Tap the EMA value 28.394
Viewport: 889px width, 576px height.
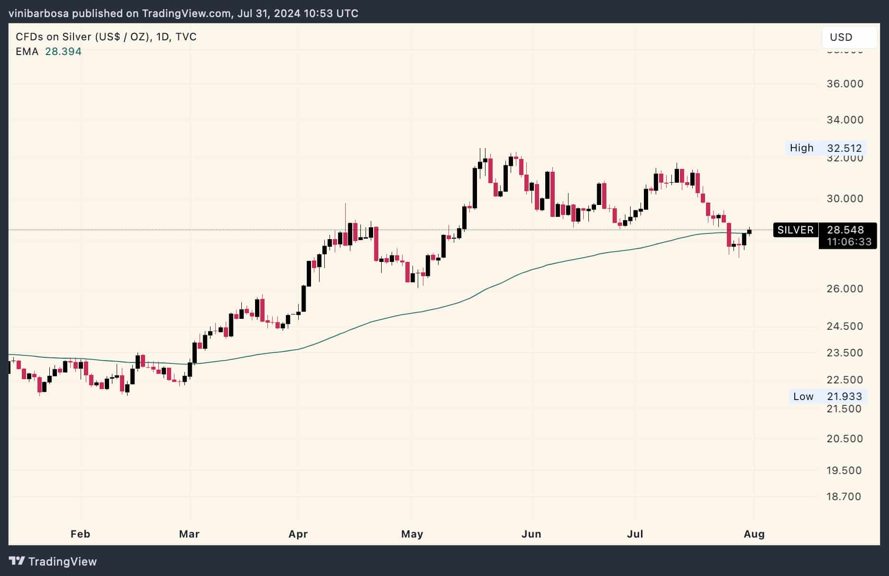pos(63,51)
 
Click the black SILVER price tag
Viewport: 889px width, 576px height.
pos(795,230)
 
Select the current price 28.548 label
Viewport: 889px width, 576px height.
pos(845,230)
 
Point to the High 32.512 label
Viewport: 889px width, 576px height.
pos(825,148)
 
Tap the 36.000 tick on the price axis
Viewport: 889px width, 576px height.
pos(845,84)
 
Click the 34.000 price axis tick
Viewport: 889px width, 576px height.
pos(845,120)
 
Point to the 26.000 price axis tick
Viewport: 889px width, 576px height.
pos(845,289)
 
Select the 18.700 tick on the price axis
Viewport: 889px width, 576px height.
pos(843,497)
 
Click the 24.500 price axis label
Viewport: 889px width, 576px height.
pos(845,326)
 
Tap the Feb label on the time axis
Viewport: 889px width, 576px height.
pos(80,534)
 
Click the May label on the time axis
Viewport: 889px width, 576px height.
pos(412,534)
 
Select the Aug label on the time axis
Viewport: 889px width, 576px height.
pos(754,534)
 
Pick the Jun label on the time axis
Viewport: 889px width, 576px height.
pos(531,534)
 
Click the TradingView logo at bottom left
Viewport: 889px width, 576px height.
pos(53,561)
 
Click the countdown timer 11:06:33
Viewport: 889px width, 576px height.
pos(849,242)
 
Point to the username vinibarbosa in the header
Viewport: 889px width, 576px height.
pos(38,13)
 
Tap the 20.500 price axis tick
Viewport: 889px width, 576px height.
pos(845,439)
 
